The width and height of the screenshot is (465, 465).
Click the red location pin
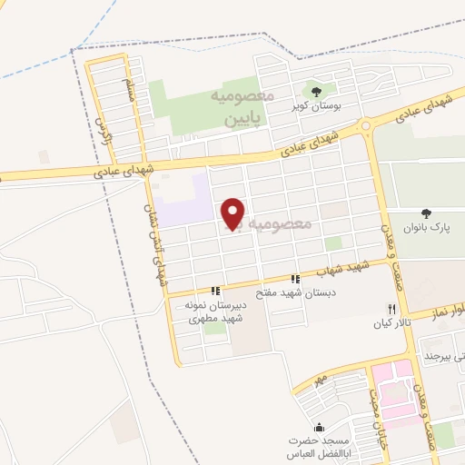coord(233,213)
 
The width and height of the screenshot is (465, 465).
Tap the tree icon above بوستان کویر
coord(316,91)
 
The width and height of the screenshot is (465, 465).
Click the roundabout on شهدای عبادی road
coord(366,125)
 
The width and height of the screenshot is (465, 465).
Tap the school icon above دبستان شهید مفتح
coord(295,278)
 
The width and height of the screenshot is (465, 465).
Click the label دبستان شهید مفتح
coord(294,292)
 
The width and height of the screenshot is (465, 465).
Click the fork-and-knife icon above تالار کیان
coord(392,309)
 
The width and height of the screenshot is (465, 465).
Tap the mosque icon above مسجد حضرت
coord(317,427)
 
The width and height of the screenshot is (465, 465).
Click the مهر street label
coord(317,375)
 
